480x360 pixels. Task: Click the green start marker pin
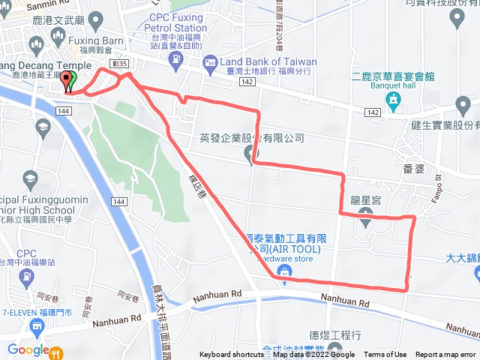tap(68, 82)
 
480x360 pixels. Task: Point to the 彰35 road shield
tap(115, 64)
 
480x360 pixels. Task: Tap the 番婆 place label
tap(414, 169)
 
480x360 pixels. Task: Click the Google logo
tap(28, 349)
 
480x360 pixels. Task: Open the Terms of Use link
tap(385, 355)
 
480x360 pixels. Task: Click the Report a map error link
tap(446, 355)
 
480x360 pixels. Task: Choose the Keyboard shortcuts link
tap(231, 355)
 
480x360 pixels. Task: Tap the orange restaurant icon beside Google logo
tap(60, 350)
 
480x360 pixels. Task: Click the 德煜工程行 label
tap(335, 334)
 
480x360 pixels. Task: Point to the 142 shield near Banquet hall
tap(373, 111)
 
